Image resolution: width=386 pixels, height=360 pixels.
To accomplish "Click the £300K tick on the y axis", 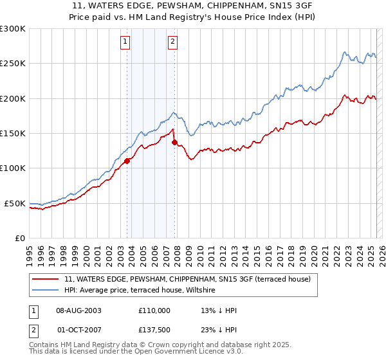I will pos(13,29).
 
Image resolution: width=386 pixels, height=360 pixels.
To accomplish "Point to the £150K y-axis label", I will pos(13,134).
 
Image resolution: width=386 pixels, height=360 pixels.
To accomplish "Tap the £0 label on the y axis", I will pos(19,238).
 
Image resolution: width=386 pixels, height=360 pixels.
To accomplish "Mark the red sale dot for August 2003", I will pos(127,161).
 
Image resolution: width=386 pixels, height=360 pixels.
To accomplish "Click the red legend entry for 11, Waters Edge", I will pos(187,279).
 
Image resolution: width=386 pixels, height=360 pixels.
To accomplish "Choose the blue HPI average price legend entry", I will pos(142,291).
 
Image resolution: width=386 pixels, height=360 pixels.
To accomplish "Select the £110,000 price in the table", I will pos(154,310).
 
